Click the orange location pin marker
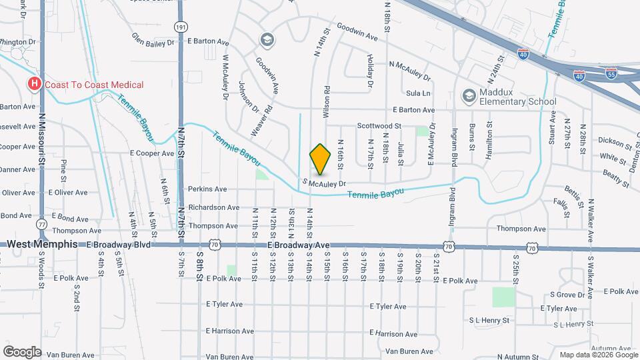click(x=320, y=159)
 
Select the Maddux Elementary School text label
click(x=517, y=97)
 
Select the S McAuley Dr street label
click(x=325, y=183)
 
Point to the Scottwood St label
click(x=378, y=125)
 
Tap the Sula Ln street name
click(x=418, y=93)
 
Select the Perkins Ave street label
click(x=207, y=189)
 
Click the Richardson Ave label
click(x=213, y=207)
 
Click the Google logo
click(x=22, y=351)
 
